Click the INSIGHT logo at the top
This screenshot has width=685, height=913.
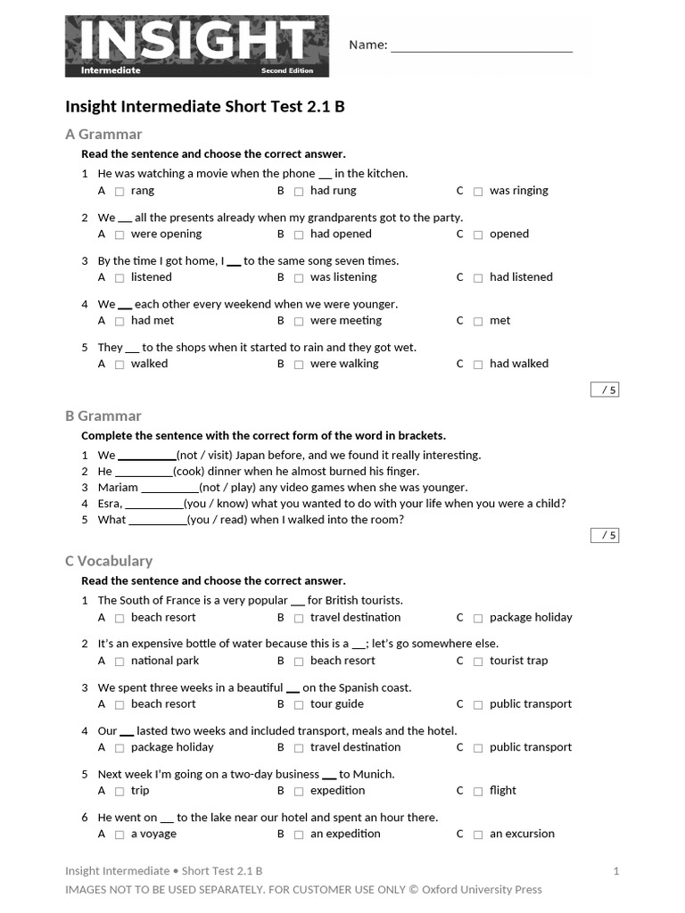pos(196,45)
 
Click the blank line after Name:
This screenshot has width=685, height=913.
pos(482,46)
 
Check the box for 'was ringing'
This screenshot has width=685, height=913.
pos(478,191)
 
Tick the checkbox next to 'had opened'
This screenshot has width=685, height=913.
pos(299,234)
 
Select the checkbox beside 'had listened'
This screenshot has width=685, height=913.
pos(478,277)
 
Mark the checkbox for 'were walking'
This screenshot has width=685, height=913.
pos(299,364)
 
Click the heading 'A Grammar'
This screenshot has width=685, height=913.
pos(103,135)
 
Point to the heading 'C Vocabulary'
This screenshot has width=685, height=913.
pos(109,561)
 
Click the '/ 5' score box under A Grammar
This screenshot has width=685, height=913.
pos(605,390)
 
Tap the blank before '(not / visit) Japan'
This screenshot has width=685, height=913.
pos(147,456)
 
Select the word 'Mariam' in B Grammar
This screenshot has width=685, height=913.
pos(118,488)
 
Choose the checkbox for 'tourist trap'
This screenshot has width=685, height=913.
pos(478,662)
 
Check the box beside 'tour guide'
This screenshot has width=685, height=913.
pos(299,704)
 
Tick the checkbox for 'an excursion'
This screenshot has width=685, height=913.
pos(478,835)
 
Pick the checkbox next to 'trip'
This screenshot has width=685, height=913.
pos(120,791)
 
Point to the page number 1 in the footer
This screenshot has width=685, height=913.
pos(615,871)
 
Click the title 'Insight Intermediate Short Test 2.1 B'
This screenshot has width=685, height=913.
pos(205,107)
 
